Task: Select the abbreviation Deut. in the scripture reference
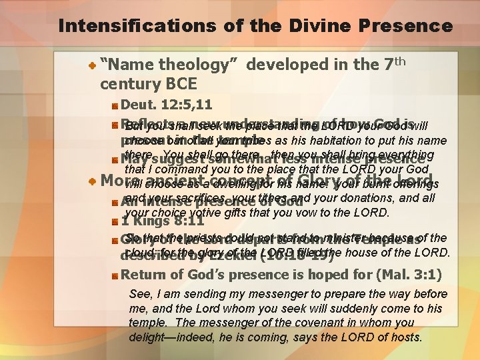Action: tap(139, 105)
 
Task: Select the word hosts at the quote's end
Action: tap(404, 337)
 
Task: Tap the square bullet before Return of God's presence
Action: tap(115, 275)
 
